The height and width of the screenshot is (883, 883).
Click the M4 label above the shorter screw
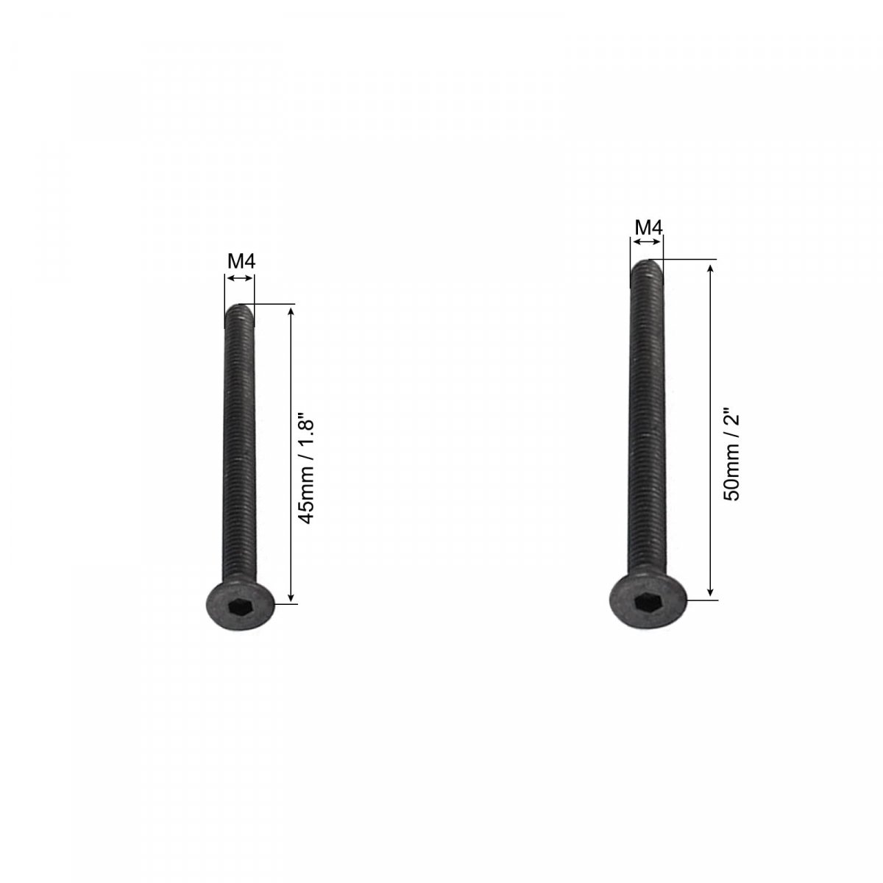[241, 262]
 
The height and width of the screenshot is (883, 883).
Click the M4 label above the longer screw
[648, 227]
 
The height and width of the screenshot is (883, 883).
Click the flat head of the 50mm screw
[648, 601]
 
